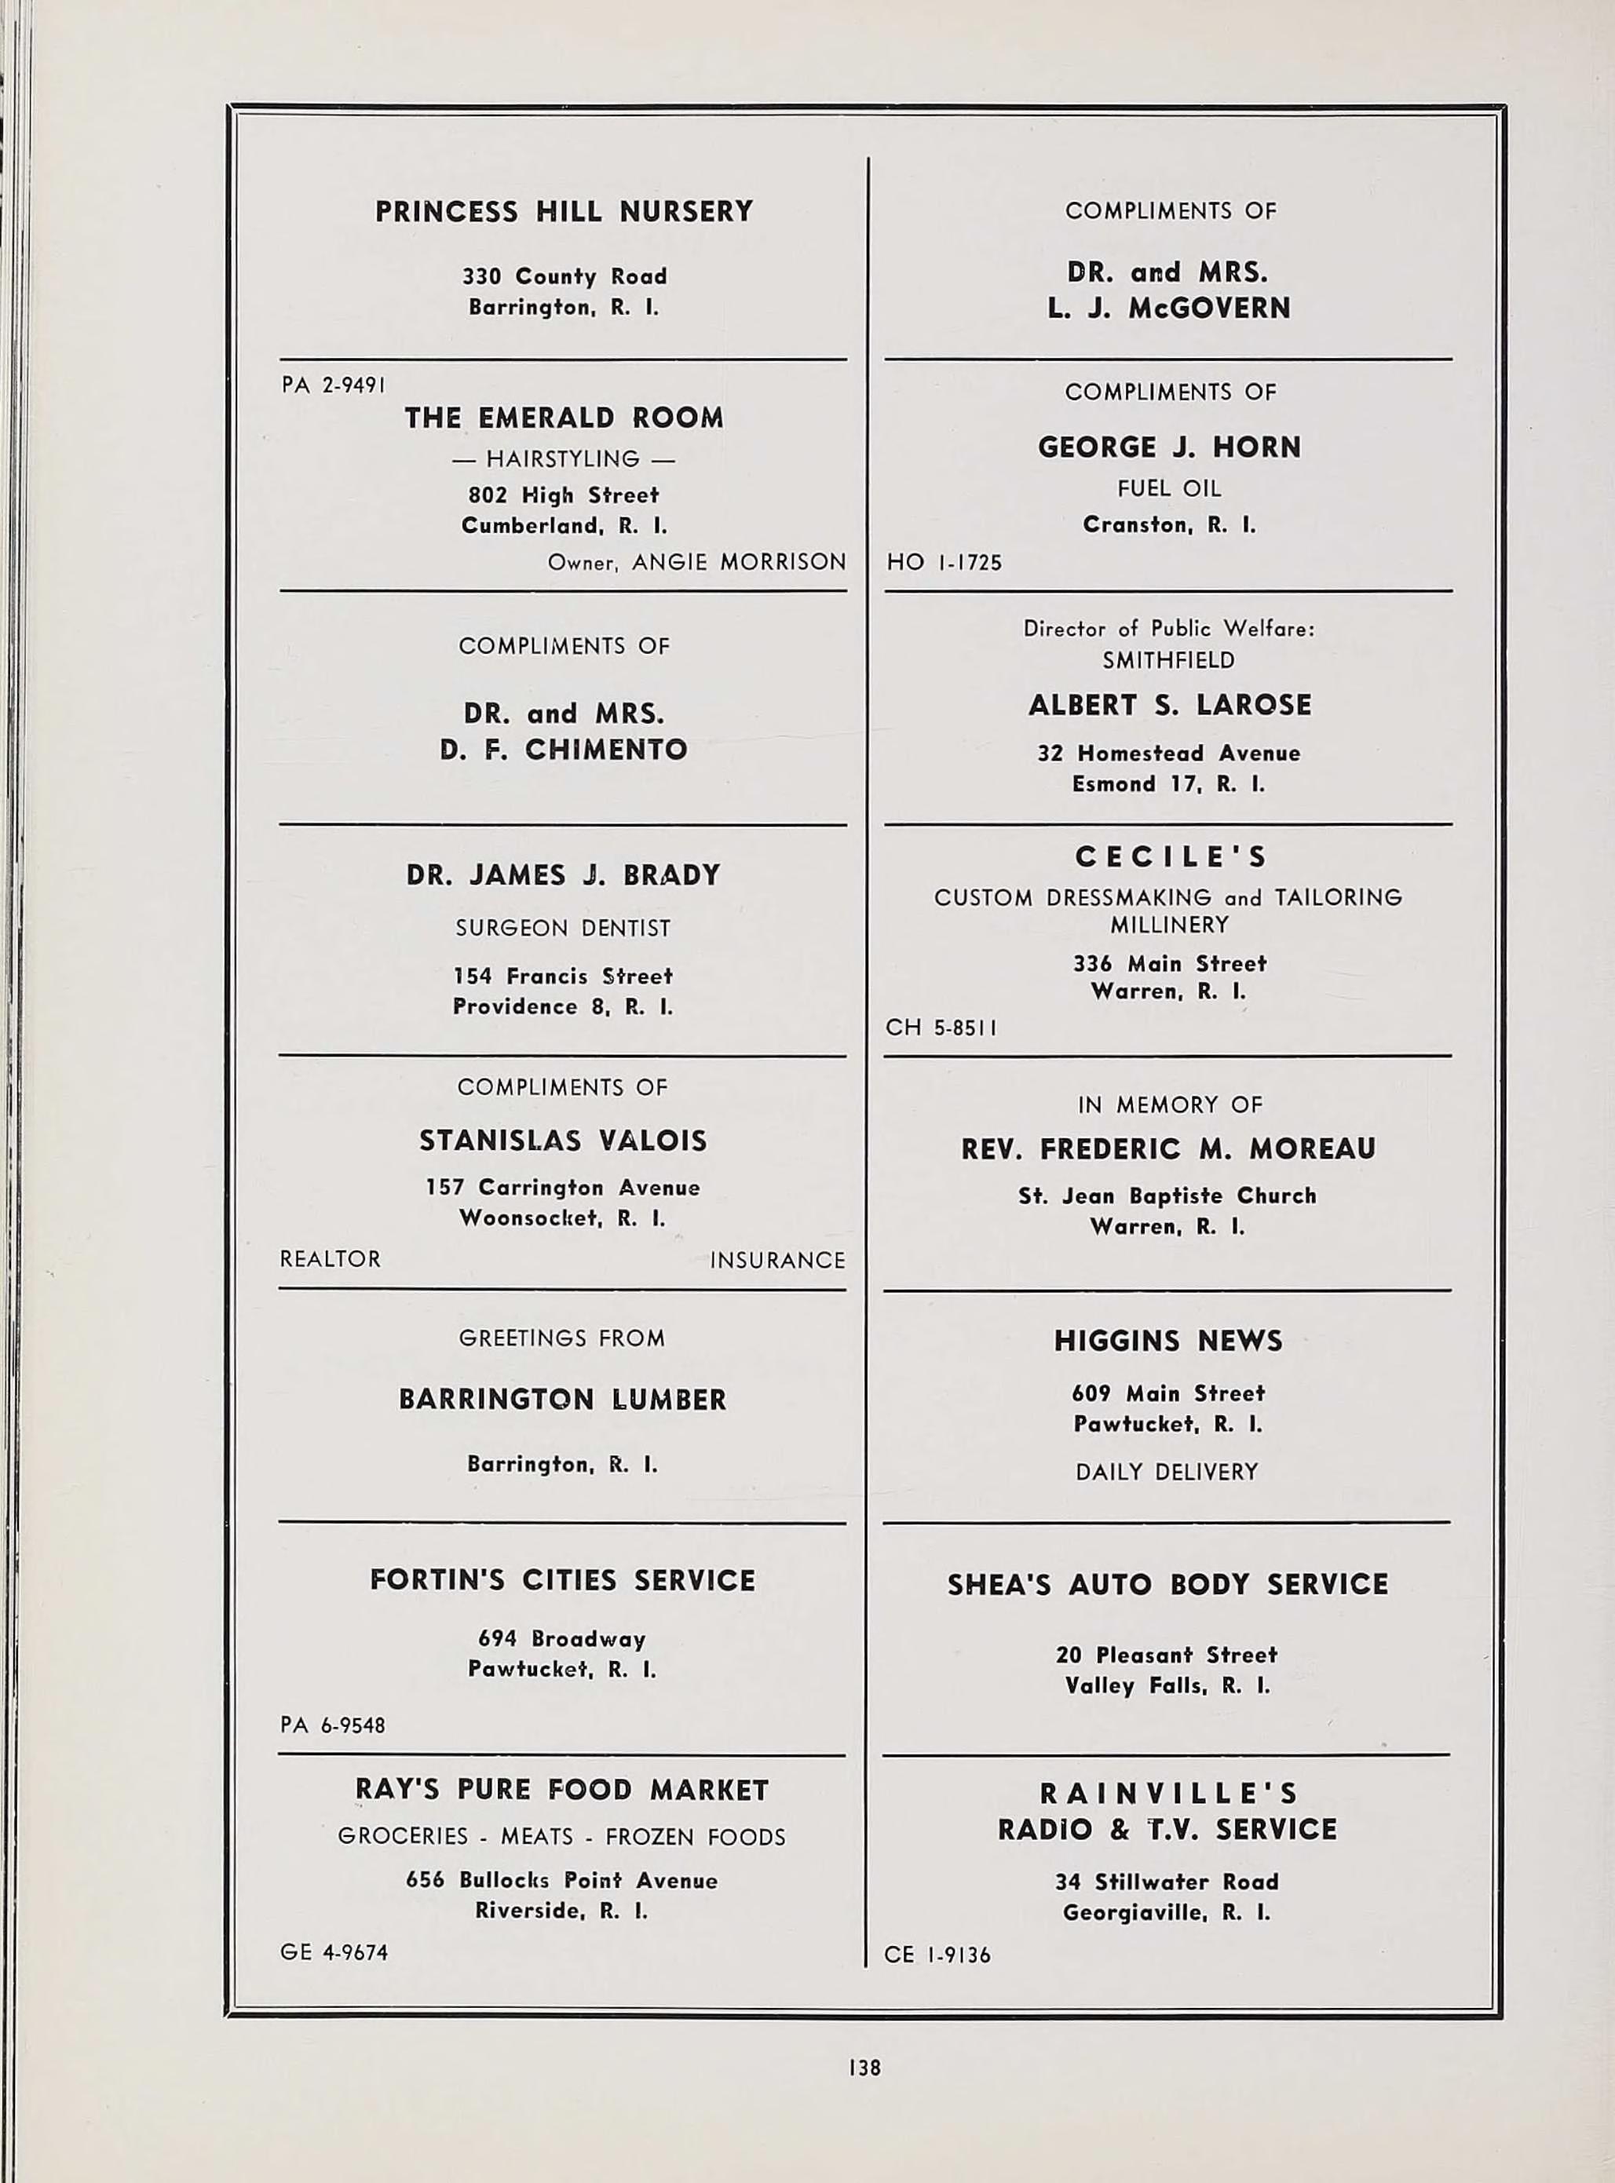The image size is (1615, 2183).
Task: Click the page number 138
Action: point(865,2067)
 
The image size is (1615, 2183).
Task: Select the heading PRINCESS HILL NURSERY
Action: point(564,212)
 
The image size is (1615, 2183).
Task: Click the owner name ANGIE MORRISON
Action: point(738,563)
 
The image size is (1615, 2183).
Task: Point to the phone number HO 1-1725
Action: point(944,563)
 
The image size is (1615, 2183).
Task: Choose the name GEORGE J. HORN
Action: point(1169,447)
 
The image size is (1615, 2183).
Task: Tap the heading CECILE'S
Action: point(1170,857)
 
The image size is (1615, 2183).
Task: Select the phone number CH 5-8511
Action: point(941,1027)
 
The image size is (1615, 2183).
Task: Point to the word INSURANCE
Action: point(777,1261)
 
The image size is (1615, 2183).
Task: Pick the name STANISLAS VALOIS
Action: point(563,1141)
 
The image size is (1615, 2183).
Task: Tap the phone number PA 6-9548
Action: point(332,1725)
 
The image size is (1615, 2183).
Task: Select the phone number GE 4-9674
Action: point(334,1952)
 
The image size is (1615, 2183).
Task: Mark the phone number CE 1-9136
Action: point(937,1955)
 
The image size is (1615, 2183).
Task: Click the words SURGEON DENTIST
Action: point(563,929)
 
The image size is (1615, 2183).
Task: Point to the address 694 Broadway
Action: point(562,1639)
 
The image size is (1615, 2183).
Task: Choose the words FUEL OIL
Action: point(1169,487)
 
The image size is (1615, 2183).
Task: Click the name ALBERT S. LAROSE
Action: point(1169,706)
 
